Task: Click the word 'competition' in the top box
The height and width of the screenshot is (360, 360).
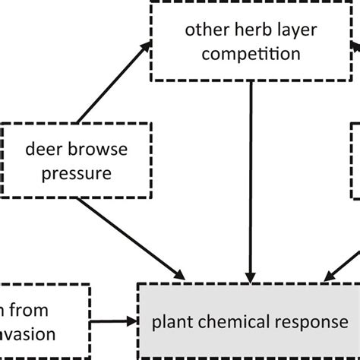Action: pos(250,54)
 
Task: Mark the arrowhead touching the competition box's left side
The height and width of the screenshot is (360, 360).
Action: pos(144,46)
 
